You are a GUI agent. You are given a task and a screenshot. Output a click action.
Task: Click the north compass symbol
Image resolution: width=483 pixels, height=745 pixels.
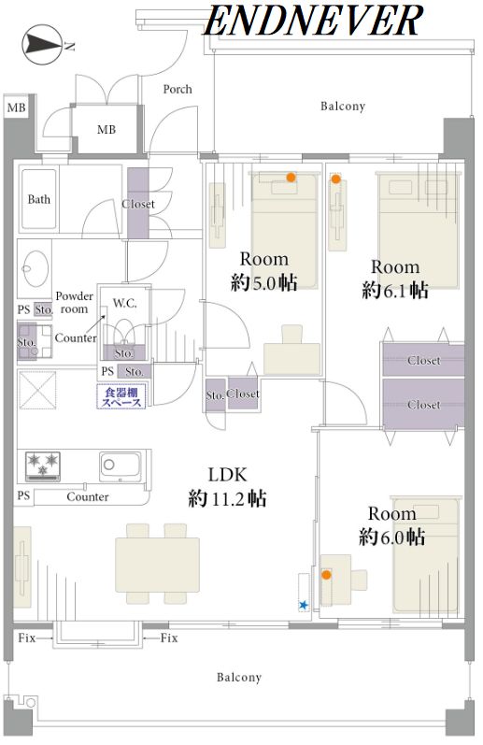click(x=43, y=45)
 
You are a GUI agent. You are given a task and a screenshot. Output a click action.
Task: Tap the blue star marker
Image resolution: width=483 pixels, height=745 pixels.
click(x=303, y=606)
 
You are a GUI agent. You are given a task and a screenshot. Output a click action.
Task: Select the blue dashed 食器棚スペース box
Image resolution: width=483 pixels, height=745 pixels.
click(x=121, y=396)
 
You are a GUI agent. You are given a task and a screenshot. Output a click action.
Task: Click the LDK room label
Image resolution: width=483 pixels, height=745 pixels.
click(x=228, y=475)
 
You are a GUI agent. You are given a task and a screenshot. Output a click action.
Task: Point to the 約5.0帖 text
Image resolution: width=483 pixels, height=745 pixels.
click(x=264, y=283)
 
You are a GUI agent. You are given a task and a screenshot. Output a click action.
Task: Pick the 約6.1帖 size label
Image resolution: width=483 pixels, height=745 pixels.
click(x=395, y=291)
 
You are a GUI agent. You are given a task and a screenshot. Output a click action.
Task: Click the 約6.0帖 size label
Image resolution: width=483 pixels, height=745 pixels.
click(x=391, y=537)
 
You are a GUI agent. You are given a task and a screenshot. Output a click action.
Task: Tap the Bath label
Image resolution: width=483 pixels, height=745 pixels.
click(x=39, y=199)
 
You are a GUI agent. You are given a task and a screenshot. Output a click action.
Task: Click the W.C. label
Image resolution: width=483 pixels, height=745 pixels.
click(x=124, y=303)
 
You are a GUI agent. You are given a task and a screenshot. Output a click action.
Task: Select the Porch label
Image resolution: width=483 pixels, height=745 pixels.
click(x=178, y=89)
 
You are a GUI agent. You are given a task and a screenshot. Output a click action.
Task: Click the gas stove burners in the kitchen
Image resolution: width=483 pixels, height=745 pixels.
click(x=43, y=465)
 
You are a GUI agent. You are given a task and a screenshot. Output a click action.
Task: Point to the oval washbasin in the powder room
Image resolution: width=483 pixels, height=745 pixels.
click(x=35, y=267)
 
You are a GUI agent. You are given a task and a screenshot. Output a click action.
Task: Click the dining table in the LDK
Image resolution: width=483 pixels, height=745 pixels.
click(x=157, y=565)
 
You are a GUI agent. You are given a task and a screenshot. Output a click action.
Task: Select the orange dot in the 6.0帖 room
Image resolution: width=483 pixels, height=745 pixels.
click(x=326, y=575)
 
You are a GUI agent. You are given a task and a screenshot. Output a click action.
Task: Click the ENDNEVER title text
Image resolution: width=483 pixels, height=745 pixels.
click(x=314, y=21)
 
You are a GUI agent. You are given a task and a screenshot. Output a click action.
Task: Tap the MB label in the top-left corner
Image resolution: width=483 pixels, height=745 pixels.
click(x=16, y=107)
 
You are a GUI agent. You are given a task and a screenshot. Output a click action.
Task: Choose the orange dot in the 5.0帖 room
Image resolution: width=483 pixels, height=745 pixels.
click(x=291, y=178)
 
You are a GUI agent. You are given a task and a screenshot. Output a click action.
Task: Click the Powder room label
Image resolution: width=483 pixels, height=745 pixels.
click(x=75, y=302)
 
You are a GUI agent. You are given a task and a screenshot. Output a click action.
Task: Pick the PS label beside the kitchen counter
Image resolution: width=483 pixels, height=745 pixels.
click(x=23, y=495)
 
